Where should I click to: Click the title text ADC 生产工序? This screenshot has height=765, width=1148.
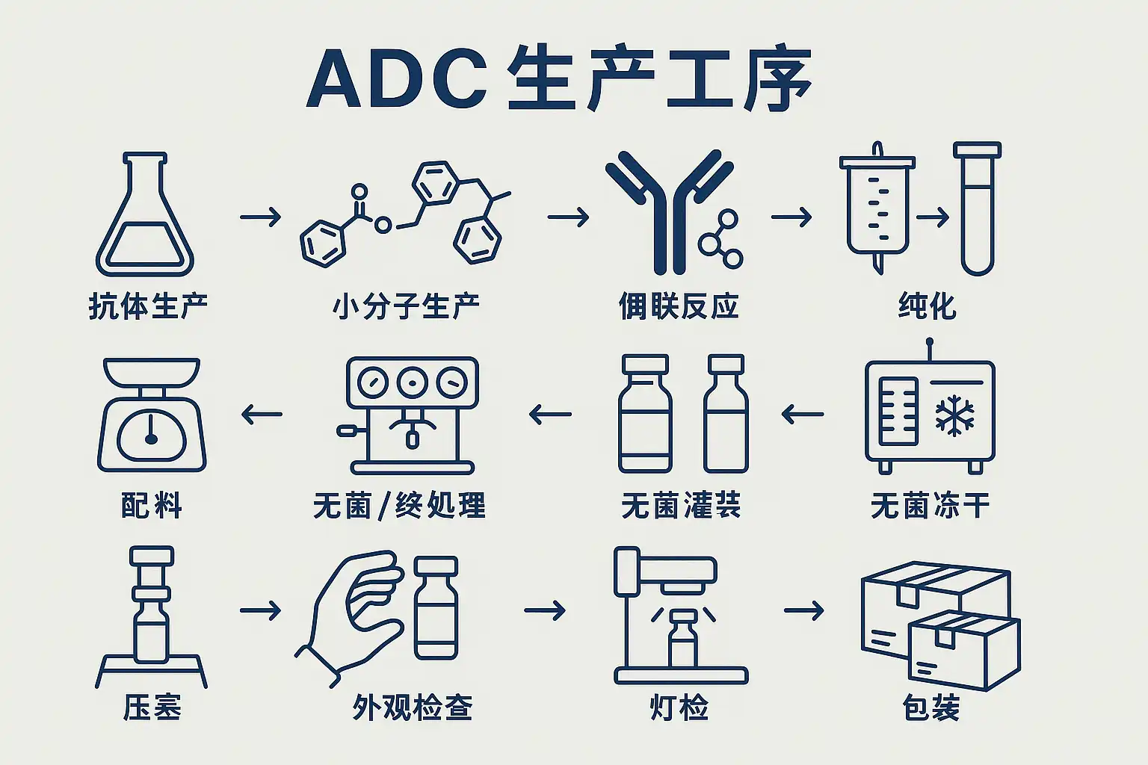coord(559,79)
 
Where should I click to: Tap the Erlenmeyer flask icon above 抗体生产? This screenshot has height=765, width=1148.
coord(145,217)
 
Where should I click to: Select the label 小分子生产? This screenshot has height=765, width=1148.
coord(406,306)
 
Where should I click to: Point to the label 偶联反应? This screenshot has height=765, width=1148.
coord(679,306)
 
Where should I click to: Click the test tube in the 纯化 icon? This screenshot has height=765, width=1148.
coord(977,209)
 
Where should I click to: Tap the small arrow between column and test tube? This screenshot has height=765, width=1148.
coord(932,217)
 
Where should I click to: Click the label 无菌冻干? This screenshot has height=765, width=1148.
coord(930,506)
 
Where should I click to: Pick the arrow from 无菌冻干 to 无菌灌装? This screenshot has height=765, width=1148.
coord(803,414)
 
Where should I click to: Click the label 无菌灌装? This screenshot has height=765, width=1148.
coord(681,506)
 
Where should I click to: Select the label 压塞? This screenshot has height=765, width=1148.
coord(152,707)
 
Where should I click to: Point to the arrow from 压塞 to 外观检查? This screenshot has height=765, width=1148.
coord(260,610)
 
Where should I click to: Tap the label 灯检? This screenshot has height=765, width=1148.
coord(679,707)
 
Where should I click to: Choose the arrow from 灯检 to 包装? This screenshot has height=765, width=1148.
coord(803,610)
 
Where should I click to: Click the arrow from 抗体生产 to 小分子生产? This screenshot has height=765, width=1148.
coord(260,217)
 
